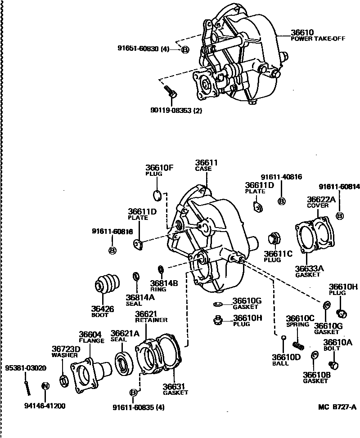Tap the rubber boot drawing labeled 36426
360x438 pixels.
pos(107,286)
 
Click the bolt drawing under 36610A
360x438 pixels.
pos(334,365)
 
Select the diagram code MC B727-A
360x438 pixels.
pos(337,407)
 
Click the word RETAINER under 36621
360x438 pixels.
pos(151,320)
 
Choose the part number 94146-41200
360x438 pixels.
pos(45,406)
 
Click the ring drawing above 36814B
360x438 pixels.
pos(160,270)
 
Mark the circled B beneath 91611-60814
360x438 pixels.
pos(340,215)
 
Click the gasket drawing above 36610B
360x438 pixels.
pos(315,356)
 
